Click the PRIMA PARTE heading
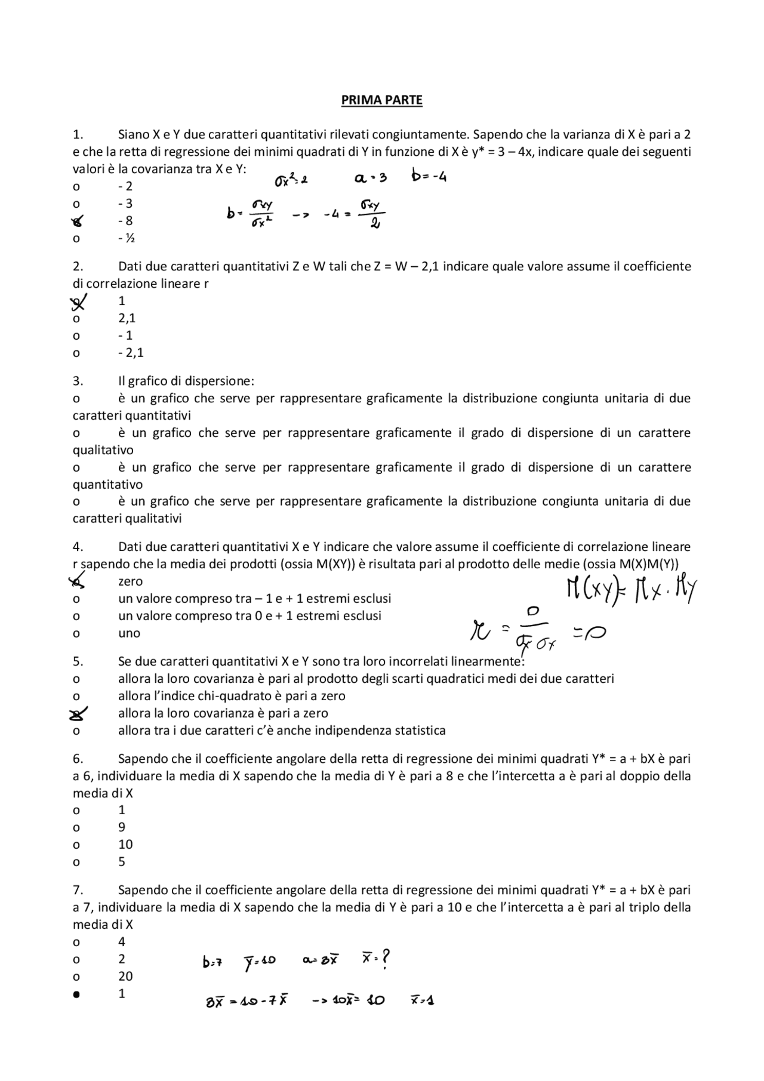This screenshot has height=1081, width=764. click(x=381, y=100)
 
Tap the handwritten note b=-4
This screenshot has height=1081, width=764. click(x=429, y=177)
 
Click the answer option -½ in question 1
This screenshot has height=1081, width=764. click(x=126, y=238)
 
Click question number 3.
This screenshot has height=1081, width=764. click(x=78, y=381)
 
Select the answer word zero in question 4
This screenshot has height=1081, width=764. click(x=130, y=581)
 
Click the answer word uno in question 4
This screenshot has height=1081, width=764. click(x=129, y=633)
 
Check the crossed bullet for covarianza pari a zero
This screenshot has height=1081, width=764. click(x=78, y=714)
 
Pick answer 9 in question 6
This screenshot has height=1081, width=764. click(x=122, y=827)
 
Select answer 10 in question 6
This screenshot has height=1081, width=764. click(x=125, y=845)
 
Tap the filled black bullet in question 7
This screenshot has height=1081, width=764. click(x=76, y=994)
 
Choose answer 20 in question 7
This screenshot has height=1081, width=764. click(x=125, y=977)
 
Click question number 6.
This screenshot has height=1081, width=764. click(x=78, y=759)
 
